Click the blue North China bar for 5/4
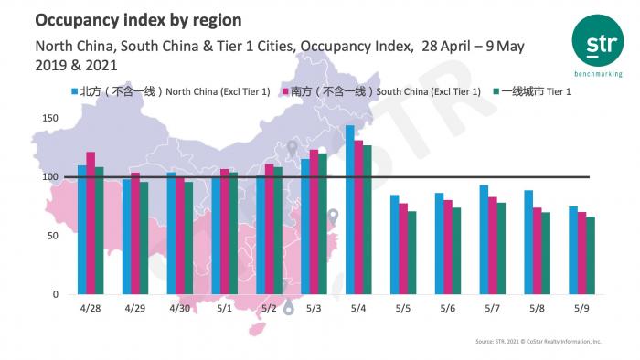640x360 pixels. [350, 210]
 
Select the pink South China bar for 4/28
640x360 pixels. [91, 223]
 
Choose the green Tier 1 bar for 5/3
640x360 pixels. [323, 224]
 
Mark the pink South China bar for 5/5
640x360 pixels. [403, 249]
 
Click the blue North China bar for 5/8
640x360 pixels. [528, 242]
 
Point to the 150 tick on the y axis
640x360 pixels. [50, 119]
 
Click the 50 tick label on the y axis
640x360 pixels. [53, 236]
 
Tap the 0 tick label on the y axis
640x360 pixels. [56, 295]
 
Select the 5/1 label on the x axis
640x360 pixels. [225, 310]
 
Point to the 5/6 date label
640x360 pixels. [448, 310]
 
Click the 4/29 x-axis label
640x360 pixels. [135, 310]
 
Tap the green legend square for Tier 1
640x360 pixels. [496, 92]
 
